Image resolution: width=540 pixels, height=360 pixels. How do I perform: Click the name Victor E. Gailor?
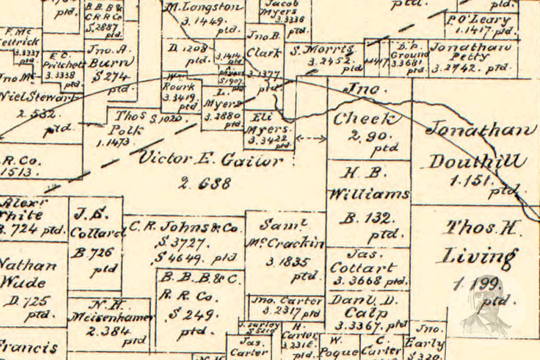[x=211, y=159]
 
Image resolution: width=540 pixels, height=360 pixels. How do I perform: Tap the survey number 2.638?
[x=204, y=184]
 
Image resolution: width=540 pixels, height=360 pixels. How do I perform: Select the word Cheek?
[x=366, y=118]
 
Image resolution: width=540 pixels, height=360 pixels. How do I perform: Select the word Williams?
[x=369, y=194]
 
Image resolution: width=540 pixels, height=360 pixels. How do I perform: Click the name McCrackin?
[x=285, y=243]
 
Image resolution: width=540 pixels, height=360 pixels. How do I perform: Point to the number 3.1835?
[x=287, y=262]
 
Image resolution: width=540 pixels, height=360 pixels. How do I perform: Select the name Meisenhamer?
[x=111, y=317]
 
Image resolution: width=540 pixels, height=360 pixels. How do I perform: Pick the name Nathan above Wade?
[x=28, y=266]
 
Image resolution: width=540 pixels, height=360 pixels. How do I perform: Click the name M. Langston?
[x=202, y=7]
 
